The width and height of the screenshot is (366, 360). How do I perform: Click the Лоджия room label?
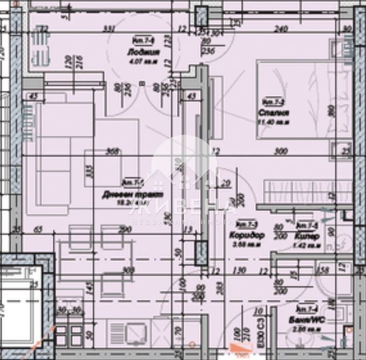point(141,52)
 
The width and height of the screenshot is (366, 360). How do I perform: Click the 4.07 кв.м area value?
point(141,60)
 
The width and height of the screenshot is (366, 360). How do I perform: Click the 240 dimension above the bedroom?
point(281,29)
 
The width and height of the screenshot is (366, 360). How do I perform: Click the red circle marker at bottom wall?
point(191,346)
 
